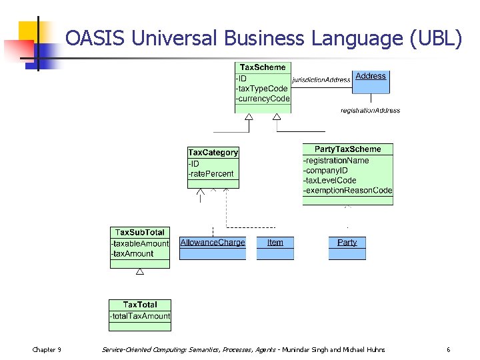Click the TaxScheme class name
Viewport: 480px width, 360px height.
(263, 67)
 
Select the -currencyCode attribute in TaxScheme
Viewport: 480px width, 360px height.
(263, 99)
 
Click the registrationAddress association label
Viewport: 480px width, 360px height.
(370, 110)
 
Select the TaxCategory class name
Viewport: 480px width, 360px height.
(213, 153)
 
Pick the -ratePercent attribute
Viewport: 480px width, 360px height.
(211, 174)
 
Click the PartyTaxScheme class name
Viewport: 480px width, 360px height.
(347, 149)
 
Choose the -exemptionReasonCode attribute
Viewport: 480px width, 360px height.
(347, 191)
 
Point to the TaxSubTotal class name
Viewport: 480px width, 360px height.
(139, 233)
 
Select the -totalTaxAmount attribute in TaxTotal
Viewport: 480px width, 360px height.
(140, 316)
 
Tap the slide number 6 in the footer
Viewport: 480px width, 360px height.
(449, 350)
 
